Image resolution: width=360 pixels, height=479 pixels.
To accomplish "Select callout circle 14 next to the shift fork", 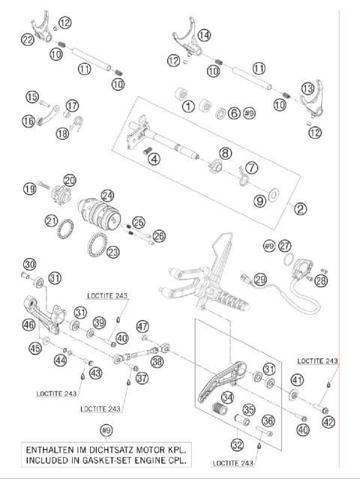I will coord(204,34).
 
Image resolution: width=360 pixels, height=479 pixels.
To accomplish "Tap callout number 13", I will coord(308,88).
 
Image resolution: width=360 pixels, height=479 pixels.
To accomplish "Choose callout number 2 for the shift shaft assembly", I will coord(300,209).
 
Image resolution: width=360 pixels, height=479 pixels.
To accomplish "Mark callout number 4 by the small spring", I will coord(154,159).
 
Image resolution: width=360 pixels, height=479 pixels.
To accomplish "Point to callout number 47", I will coord(142,325).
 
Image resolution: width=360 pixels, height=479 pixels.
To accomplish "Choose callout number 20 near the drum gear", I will coord(70,180).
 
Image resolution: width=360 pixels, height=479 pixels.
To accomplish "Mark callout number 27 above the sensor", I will coord(284,245).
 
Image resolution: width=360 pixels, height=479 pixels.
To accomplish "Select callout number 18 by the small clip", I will coord(62,134).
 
